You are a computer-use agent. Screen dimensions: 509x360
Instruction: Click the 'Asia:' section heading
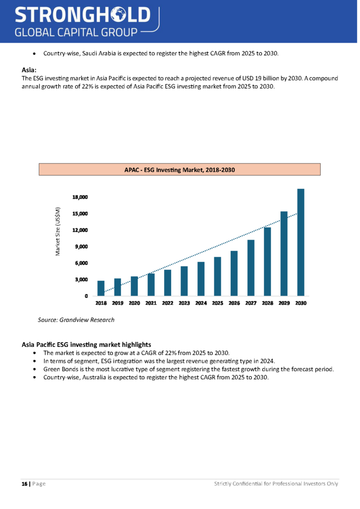[x=30, y=70]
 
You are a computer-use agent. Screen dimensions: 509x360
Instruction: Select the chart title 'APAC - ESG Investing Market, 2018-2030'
[x=179, y=170]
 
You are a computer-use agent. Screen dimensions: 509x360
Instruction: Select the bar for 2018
[x=101, y=288]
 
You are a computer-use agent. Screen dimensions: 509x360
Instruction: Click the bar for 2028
[x=267, y=261]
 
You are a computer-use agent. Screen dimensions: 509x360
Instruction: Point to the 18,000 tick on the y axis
[x=80, y=197]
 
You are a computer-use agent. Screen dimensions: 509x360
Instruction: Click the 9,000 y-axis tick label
[x=81, y=247]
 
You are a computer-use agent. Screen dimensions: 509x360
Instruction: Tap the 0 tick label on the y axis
[x=87, y=296]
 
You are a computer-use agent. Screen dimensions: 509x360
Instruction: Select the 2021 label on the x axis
[x=151, y=303]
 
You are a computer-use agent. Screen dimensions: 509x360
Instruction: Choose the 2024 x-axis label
[x=201, y=303]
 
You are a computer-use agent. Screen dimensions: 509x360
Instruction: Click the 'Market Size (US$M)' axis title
[x=58, y=232]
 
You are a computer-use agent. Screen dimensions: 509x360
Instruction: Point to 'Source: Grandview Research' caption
[x=76, y=320]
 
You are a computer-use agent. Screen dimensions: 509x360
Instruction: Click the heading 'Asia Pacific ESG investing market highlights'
[x=87, y=344]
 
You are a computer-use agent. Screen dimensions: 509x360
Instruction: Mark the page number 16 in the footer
[x=24, y=484]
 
